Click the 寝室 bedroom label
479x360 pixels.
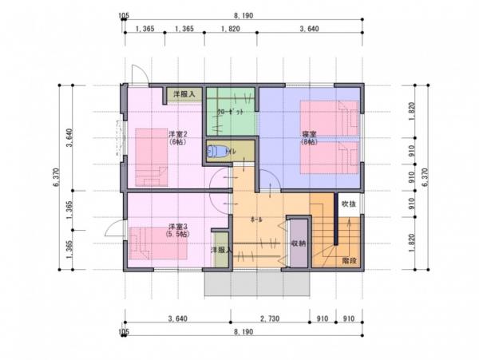(x=308, y=133)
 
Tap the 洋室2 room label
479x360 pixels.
(x=177, y=133)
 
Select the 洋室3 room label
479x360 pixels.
(x=177, y=227)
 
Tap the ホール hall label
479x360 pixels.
(x=257, y=218)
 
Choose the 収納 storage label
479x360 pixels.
(x=299, y=243)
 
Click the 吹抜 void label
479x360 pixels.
(x=350, y=204)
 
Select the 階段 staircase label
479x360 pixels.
(x=349, y=260)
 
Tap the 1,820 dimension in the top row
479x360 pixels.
(x=229, y=30)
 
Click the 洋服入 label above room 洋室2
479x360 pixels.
(x=184, y=94)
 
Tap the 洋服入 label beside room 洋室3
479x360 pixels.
(x=221, y=251)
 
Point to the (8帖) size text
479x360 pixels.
(x=308, y=142)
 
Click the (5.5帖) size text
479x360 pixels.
(x=177, y=235)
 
